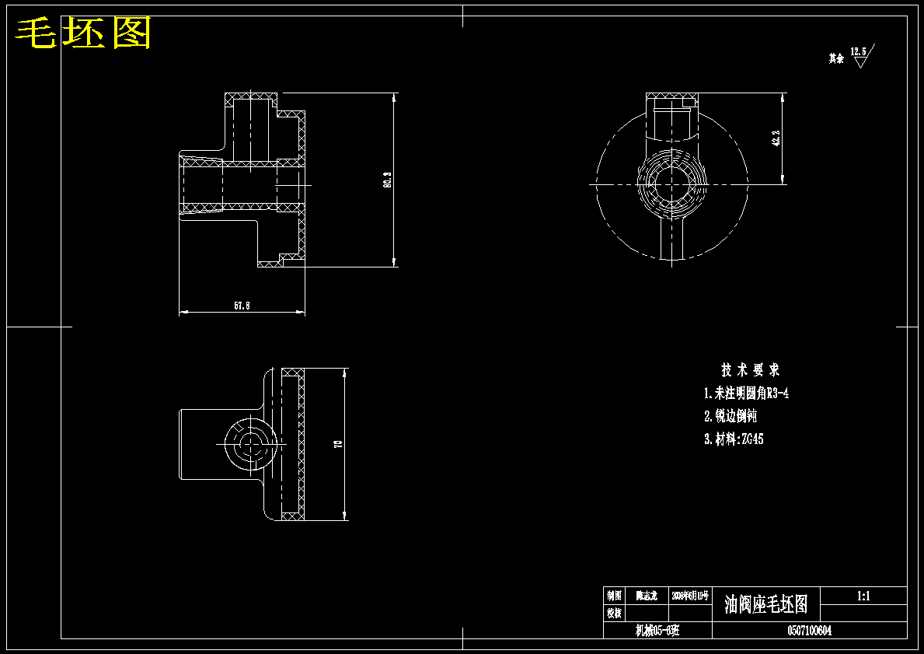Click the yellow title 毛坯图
84,33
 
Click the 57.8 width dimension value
242,306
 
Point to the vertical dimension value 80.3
386,180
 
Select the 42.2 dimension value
775,138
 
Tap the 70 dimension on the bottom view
337,444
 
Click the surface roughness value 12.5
858,51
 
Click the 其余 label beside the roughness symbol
836,58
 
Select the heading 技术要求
750,369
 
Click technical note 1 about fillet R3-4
746,393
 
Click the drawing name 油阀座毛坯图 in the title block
765,604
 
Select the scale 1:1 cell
863,596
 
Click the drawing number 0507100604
809,631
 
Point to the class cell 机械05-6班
657,631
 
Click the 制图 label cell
615,596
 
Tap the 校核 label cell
615,613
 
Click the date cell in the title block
691,596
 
